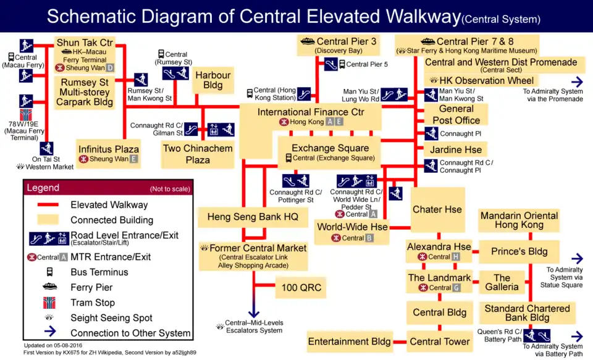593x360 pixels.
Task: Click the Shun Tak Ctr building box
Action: point(85,43)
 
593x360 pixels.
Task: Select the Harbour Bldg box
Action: point(213,80)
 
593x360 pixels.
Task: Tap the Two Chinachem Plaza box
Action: point(198,154)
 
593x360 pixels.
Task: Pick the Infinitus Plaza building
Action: point(109,149)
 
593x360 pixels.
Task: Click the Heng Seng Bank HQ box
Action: point(253,217)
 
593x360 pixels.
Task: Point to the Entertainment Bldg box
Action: point(349,341)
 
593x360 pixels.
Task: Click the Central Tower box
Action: point(440,341)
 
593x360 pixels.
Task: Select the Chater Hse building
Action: point(437,209)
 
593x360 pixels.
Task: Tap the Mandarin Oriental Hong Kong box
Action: point(519,220)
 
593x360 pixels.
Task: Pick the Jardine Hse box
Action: point(455,149)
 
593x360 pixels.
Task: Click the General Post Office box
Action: point(456,114)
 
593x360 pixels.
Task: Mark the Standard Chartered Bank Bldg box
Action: point(527,312)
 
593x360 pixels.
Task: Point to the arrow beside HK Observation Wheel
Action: point(576,82)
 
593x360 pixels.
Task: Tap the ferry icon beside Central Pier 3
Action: point(307,41)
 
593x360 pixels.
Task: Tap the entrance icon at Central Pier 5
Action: point(330,64)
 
